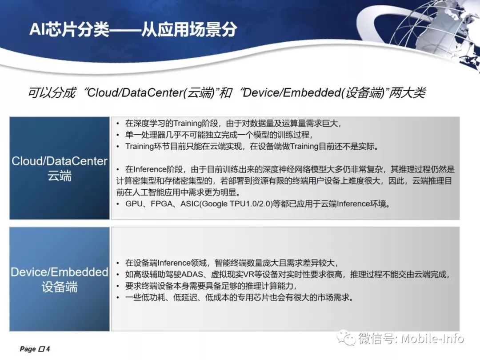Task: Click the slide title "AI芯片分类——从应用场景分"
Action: coord(133,29)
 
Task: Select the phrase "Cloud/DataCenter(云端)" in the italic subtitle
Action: coord(150,92)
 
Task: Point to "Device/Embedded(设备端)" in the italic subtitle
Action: coord(313,92)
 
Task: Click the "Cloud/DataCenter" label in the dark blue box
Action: coord(60,161)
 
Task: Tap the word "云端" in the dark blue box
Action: coord(60,176)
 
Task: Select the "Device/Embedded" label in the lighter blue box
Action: coord(60,272)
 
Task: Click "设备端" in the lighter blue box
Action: coord(60,287)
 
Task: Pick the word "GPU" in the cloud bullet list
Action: coord(134,204)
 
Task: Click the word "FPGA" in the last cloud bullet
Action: coord(161,204)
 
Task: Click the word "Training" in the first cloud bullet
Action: coord(188,124)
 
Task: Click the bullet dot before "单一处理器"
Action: coord(118,135)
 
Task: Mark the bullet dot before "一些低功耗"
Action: coord(118,297)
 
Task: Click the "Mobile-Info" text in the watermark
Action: coord(432,339)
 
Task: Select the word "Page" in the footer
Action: coord(28,349)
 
